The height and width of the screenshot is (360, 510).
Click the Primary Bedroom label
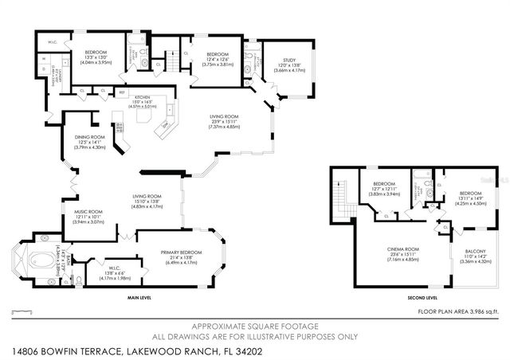(185, 252)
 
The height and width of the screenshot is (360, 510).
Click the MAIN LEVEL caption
(139, 299)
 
